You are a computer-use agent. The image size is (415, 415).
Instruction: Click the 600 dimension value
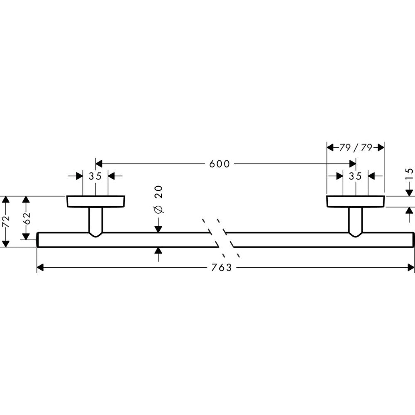point(220,164)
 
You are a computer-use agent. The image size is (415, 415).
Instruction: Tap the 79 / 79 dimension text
point(355,147)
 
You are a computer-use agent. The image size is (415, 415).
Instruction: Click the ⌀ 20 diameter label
point(158,200)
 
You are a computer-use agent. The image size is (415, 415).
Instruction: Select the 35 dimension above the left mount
point(95,176)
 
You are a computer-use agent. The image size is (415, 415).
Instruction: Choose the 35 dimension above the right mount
point(355,176)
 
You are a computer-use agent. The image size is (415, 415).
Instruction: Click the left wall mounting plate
point(96,201)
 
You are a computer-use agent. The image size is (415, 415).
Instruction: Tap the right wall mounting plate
point(356,201)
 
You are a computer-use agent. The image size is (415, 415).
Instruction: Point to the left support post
point(96,221)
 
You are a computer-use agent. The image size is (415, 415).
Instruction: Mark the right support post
point(356,221)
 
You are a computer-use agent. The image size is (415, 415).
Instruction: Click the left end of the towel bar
point(39,240)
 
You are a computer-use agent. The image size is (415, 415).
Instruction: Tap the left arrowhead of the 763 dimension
point(40,268)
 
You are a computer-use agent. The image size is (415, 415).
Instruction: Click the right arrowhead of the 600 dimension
point(353,164)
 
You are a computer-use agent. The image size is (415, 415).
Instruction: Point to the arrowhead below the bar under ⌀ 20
point(158,251)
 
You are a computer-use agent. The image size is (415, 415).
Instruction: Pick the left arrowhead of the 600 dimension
point(99,164)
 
